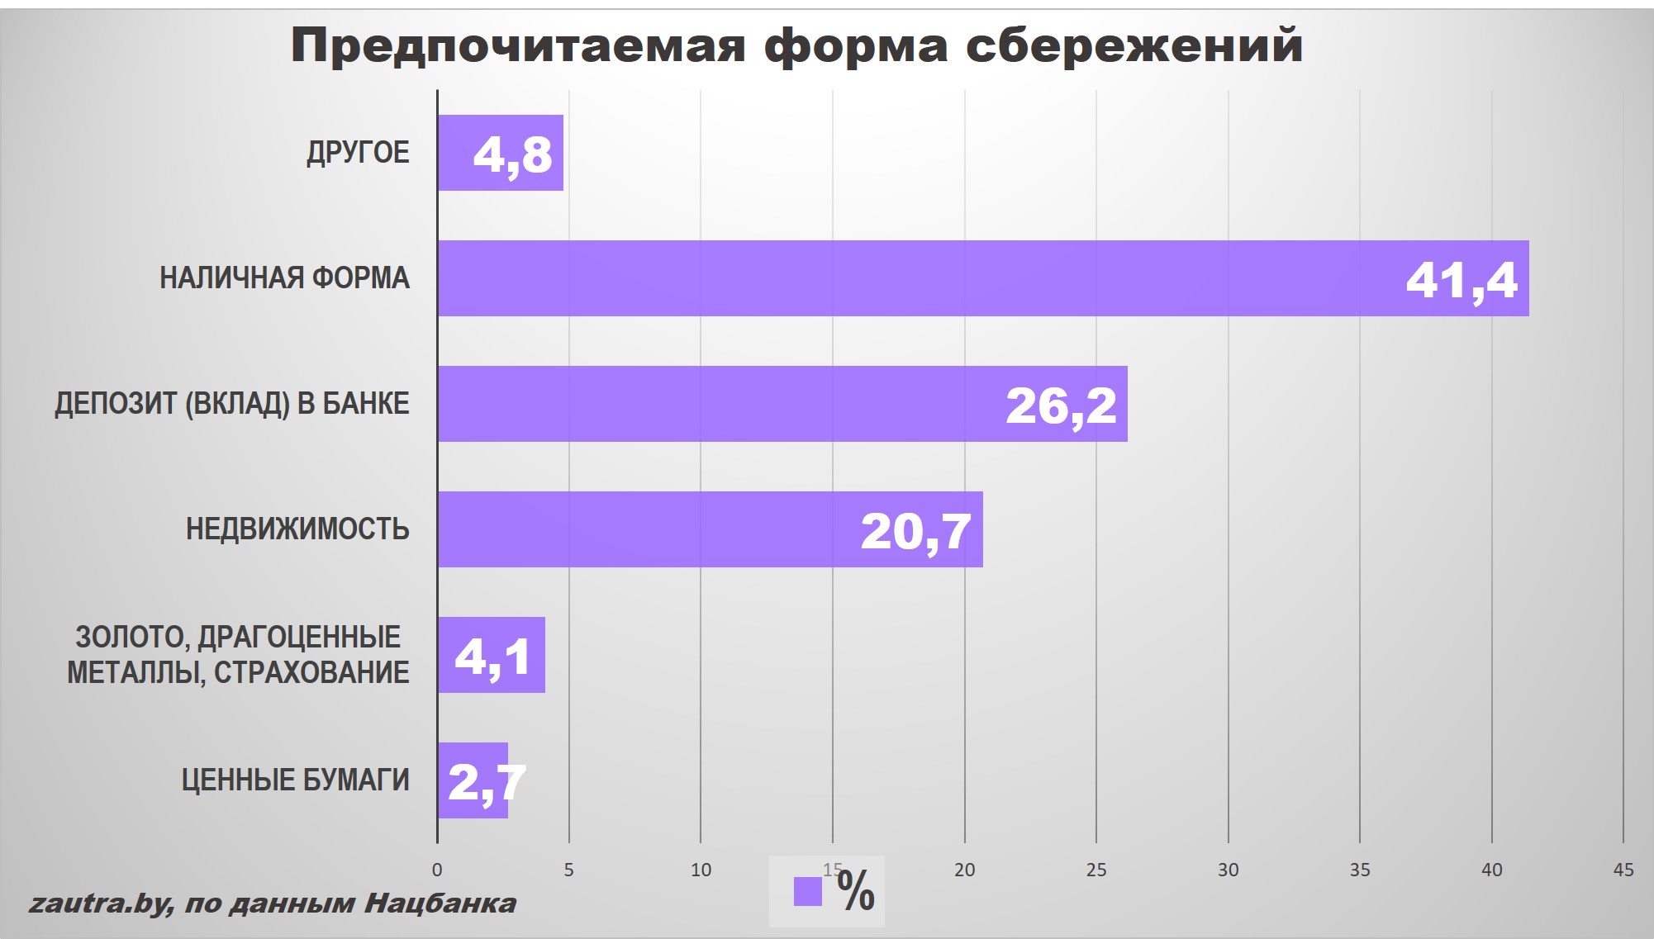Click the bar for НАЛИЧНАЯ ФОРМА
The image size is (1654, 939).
pos(909,278)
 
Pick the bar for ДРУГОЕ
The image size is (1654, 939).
pos(454,153)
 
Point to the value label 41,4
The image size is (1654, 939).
pos(1462,280)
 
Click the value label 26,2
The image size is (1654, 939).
pos(1061,405)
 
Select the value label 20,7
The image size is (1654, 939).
pos(915,531)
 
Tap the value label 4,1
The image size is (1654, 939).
pos(493,657)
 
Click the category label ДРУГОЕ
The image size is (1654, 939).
pos(358,153)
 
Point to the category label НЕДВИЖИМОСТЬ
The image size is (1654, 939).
pos(297,529)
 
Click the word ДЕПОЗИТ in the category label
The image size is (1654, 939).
pos(115,404)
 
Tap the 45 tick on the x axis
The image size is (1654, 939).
pos(1623,870)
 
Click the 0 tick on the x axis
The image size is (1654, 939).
pos(437,870)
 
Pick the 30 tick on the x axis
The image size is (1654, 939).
pos(1228,870)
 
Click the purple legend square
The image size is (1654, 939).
pos(807,892)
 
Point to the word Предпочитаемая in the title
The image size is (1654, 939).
pos(518,45)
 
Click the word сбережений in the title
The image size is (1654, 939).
pos(1134,45)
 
